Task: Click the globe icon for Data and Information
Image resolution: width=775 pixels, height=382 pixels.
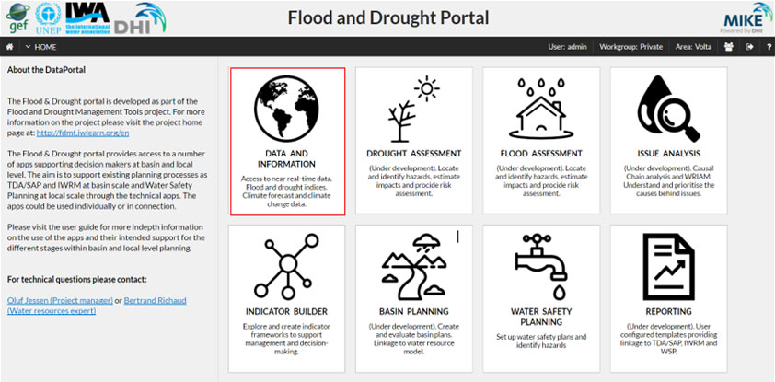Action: pos(286,109)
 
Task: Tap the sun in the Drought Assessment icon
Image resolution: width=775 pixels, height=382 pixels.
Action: pos(427,89)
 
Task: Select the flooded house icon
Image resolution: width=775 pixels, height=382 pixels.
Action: pos(541,109)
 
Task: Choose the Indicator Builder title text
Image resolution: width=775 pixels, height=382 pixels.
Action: pos(286,311)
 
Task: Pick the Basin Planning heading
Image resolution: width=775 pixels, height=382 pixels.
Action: pos(413,311)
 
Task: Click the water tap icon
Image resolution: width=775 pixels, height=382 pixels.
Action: pos(541,267)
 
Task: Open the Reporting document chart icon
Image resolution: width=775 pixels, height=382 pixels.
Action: pos(668,267)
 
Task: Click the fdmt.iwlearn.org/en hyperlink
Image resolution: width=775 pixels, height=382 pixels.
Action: pos(83,133)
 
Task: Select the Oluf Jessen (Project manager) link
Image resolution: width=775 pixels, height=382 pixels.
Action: pos(60,300)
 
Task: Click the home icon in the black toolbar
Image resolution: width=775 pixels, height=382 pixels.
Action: pos(9,47)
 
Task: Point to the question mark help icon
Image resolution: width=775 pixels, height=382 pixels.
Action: pos(769,47)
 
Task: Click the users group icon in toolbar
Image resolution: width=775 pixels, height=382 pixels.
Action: pos(729,47)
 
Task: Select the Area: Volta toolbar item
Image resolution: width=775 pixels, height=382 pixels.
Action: pos(693,47)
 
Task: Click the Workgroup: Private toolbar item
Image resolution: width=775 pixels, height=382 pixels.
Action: pos(630,47)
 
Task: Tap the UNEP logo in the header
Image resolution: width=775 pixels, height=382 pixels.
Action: pos(49,18)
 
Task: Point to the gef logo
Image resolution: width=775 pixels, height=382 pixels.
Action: pos(17,17)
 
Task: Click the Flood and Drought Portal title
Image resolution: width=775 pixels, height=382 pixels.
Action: pos(388,17)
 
